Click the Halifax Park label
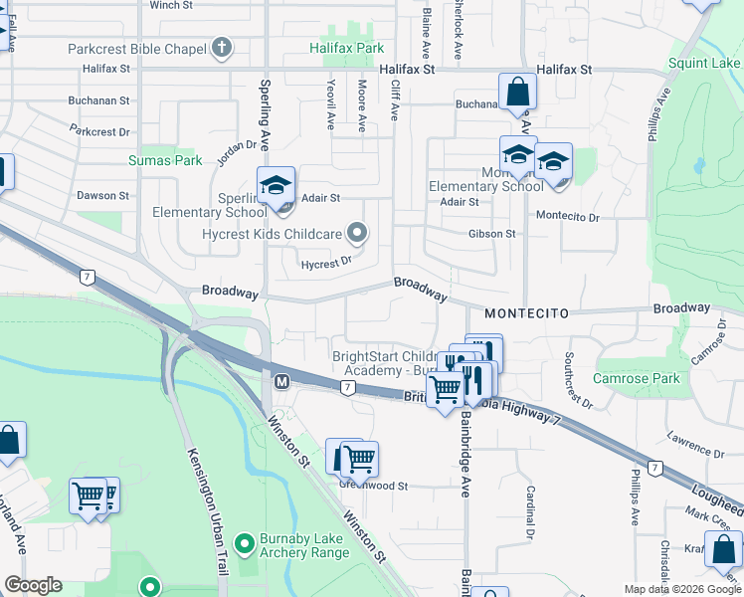(346, 48)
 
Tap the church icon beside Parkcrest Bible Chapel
(221, 48)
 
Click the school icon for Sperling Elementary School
(277, 185)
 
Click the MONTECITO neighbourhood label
(526, 313)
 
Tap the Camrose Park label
(636, 378)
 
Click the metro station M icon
(281, 381)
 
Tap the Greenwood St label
(374, 486)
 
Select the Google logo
(33, 585)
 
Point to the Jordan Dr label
(237, 152)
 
